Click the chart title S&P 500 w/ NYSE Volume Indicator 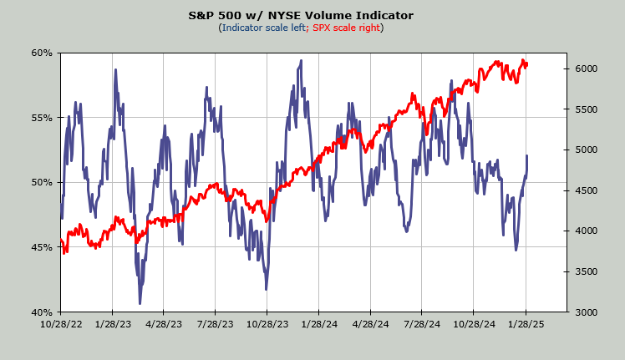[x=312, y=15]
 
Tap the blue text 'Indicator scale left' [x=262, y=28]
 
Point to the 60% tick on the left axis [x=42, y=53]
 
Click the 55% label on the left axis [x=42, y=118]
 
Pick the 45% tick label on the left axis [x=42, y=247]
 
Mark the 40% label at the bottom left [x=42, y=312]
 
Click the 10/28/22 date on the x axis [x=61, y=324]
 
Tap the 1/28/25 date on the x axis [x=526, y=324]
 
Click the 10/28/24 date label [x=474, y=324]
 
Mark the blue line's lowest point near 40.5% [x=140, y=303]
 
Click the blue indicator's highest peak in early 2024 [x=299, y=61]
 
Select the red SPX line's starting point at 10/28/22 [x=61, y=241]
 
